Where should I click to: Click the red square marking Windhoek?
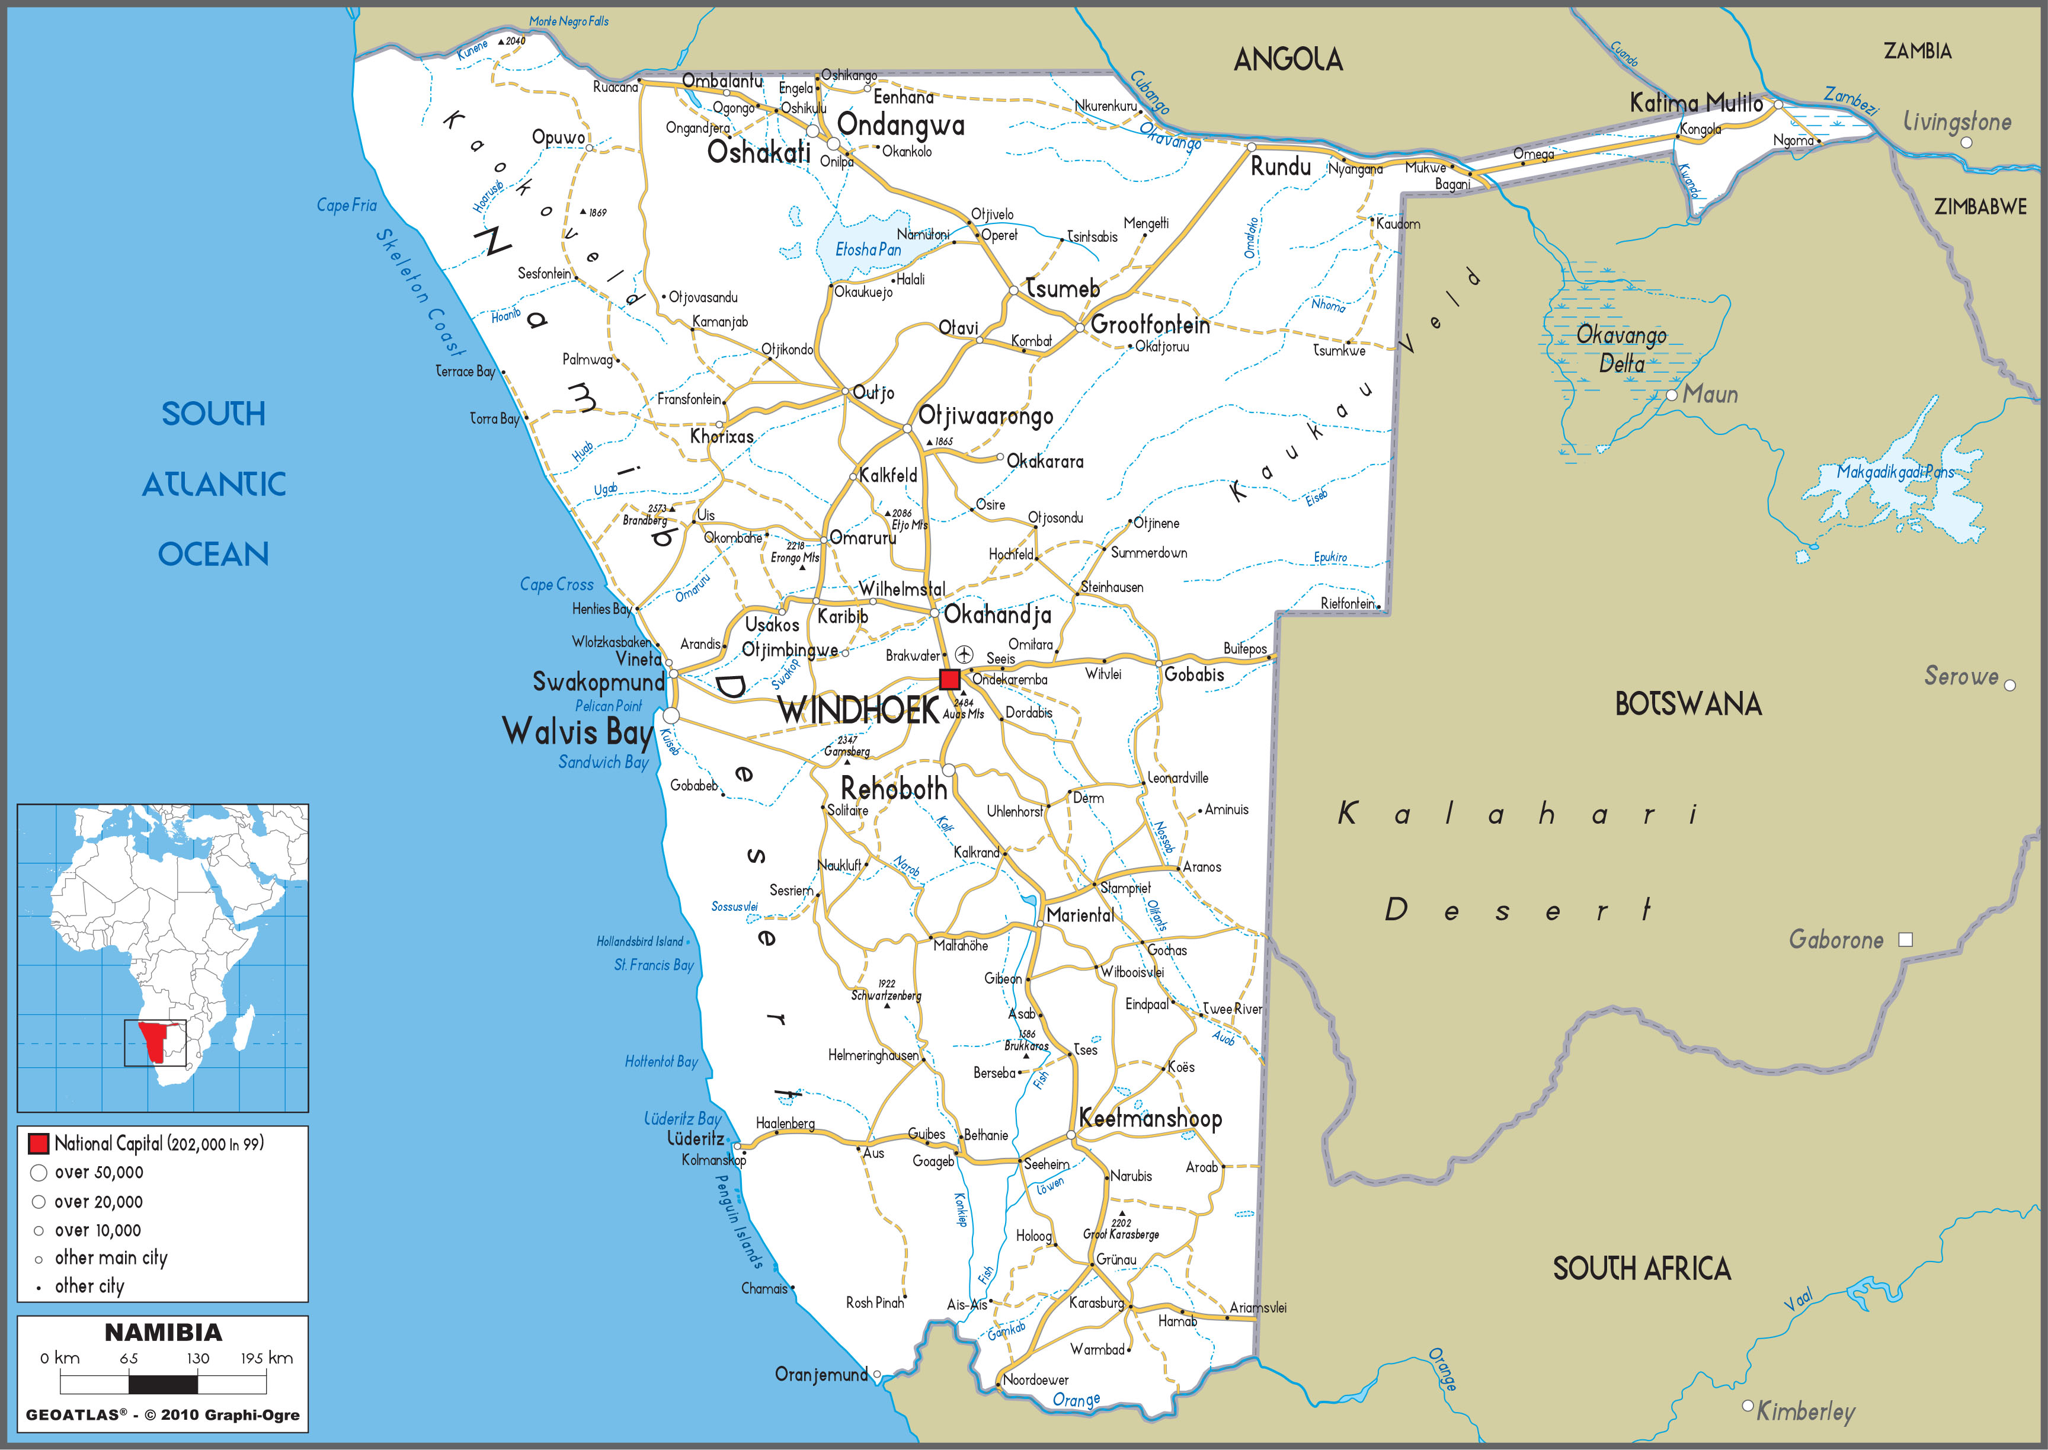point(949,678)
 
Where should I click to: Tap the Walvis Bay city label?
point(578,732)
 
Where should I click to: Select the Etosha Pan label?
point(868,250)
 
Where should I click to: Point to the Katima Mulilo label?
point(1696,104)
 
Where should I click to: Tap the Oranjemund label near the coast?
point(821,1375)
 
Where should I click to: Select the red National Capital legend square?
point(39,1144)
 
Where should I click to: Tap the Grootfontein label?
point(1150,325)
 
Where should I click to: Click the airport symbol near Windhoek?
point(964,654)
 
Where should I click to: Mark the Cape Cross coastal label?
point(556,585)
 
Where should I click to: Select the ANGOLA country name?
point(1287,60)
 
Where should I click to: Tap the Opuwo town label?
point(558,137)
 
